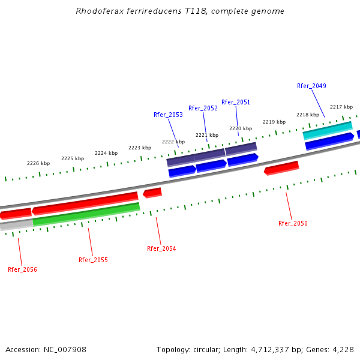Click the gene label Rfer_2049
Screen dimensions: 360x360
pos(311,86)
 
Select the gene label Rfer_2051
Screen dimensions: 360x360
pos(236,102)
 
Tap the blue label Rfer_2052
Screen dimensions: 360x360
pos(203,108)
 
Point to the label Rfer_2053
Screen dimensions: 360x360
pos(168,115)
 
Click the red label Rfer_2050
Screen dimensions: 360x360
pos(293,223)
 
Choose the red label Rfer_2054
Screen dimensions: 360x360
pos(161,248)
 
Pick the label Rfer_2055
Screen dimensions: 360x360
pos(93,260)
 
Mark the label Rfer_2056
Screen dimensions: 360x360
pos(22,269)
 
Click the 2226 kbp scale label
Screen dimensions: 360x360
pos(38,163)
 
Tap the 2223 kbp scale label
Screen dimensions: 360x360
pos(139,148)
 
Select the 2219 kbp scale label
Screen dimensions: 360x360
pos(274,122)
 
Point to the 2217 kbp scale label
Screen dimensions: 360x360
pos(341,107)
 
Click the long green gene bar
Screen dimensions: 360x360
pos(86,214)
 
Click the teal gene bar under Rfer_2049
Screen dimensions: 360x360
pos(328,130)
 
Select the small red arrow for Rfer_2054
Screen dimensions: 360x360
pos(152,193)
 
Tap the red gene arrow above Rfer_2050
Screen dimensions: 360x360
pos(281,168)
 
